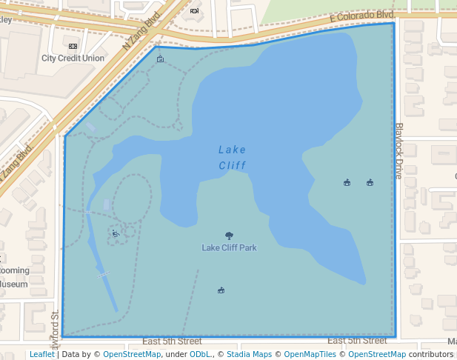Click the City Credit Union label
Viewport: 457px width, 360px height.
click(73, 58)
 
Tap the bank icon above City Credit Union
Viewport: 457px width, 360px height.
click(73, 46)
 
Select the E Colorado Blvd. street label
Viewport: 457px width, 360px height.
click(362, 16)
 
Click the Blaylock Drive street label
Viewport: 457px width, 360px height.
click(398, 150)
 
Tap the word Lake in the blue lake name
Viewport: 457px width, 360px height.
click(232, 150)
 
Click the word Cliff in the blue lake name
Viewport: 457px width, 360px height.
click(232, 165)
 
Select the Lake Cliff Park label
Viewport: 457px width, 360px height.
click(229, 247)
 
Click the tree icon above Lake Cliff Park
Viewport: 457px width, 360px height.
click(229, 236)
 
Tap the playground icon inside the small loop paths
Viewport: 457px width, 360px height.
click(116, 233)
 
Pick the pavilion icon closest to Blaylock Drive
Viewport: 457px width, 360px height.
click(370, 182)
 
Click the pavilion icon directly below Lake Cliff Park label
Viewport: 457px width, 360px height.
click(221, 290)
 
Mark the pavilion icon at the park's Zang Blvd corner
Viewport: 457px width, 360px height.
click(160, 59)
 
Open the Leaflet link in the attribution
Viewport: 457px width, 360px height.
click(41, 354)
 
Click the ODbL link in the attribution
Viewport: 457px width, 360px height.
click(200, 354)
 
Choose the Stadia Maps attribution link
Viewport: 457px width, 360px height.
click(248, 354)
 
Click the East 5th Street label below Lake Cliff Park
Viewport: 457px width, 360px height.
click(172, 341)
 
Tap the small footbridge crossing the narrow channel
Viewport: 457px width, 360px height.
click(102, 274)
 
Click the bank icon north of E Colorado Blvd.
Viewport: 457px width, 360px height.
click(194, 11)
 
